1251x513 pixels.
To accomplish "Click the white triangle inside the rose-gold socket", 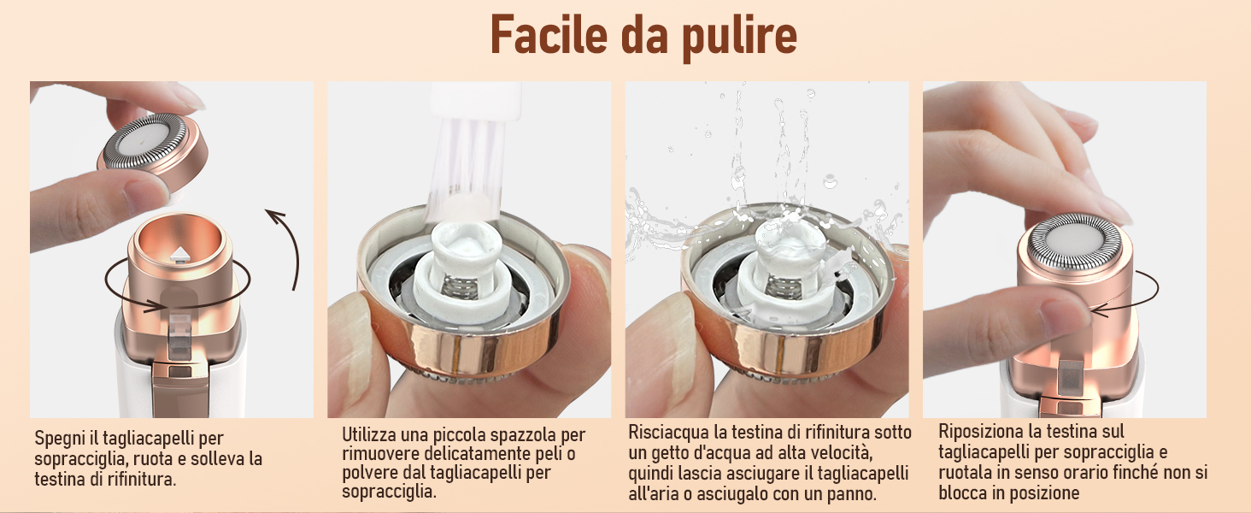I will click(182, 252).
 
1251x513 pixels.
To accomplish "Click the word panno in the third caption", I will click(851, 494).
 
